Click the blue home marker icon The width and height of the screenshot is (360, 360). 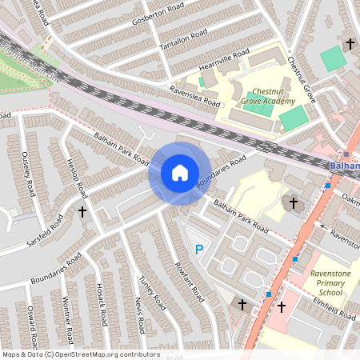(x=179, y=173)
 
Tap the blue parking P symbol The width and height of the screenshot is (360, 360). (x=200, y=250)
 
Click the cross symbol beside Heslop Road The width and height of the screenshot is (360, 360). (x=82, y=211)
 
